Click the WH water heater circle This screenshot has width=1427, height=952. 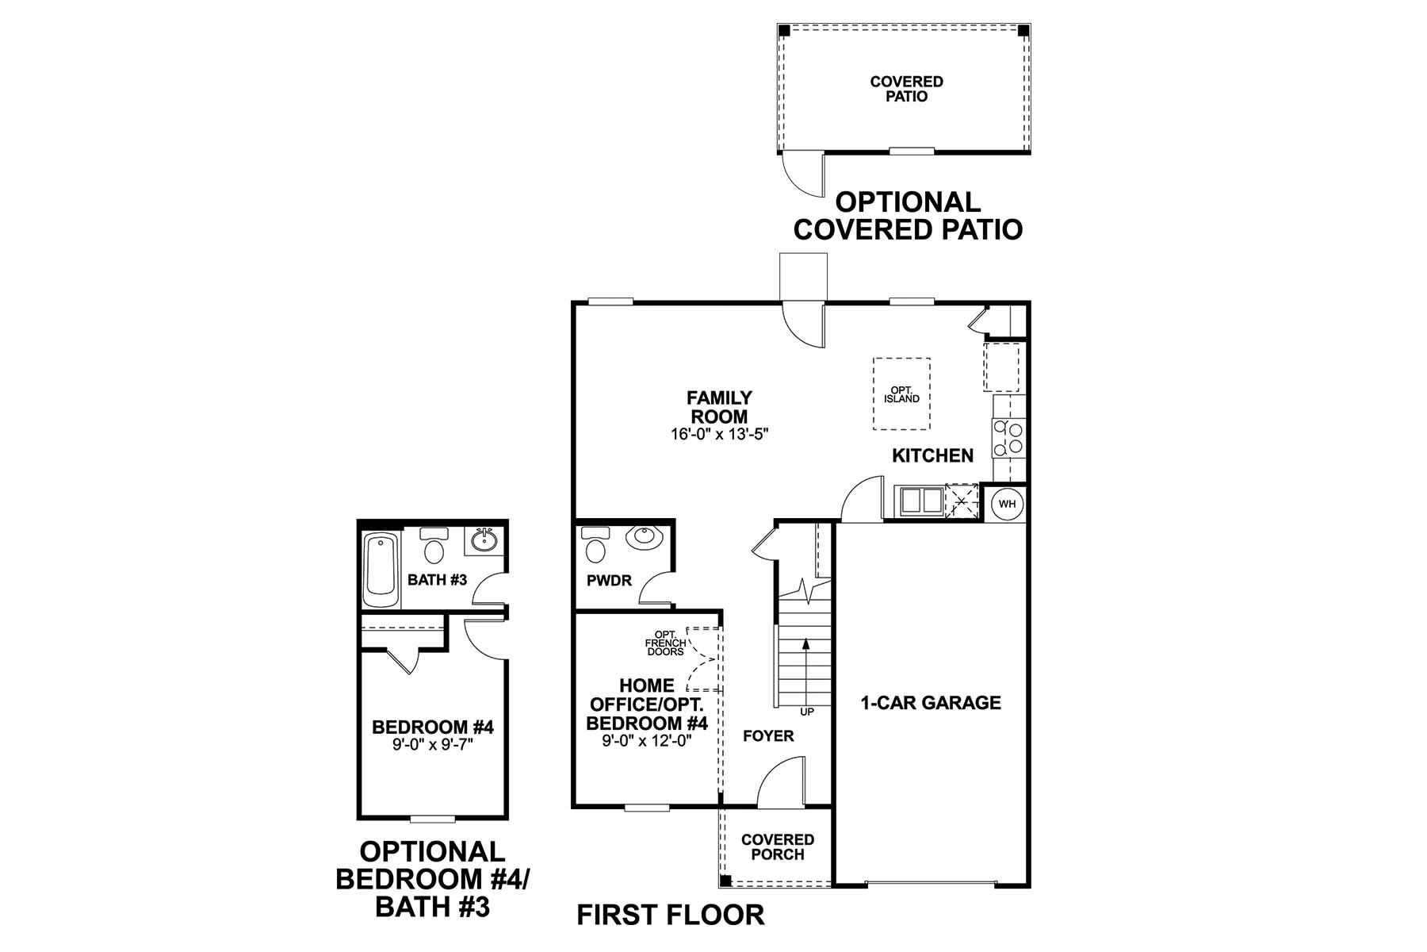coord(1006,504)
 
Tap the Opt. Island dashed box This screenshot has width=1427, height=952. coord(901,394)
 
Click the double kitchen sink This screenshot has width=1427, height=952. coord(920,501)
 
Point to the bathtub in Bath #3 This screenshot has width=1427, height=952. coord(380,569)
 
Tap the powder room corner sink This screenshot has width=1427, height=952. coord(644,537)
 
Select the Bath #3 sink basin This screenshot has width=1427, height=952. coord(484,540)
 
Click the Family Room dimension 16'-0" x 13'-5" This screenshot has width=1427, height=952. coord(719,434)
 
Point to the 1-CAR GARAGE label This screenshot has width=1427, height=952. coord(931,703)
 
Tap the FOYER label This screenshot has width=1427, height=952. coord(768,736)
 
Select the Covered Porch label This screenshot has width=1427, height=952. coord(778,847)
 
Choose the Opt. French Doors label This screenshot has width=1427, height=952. coord(664,643)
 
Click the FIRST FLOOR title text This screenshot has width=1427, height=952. coord(670,915)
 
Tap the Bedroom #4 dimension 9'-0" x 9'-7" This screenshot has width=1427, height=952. coord(433,745)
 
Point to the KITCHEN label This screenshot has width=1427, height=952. coord(932,455)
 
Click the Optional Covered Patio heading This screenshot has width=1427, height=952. coord(908,216)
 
